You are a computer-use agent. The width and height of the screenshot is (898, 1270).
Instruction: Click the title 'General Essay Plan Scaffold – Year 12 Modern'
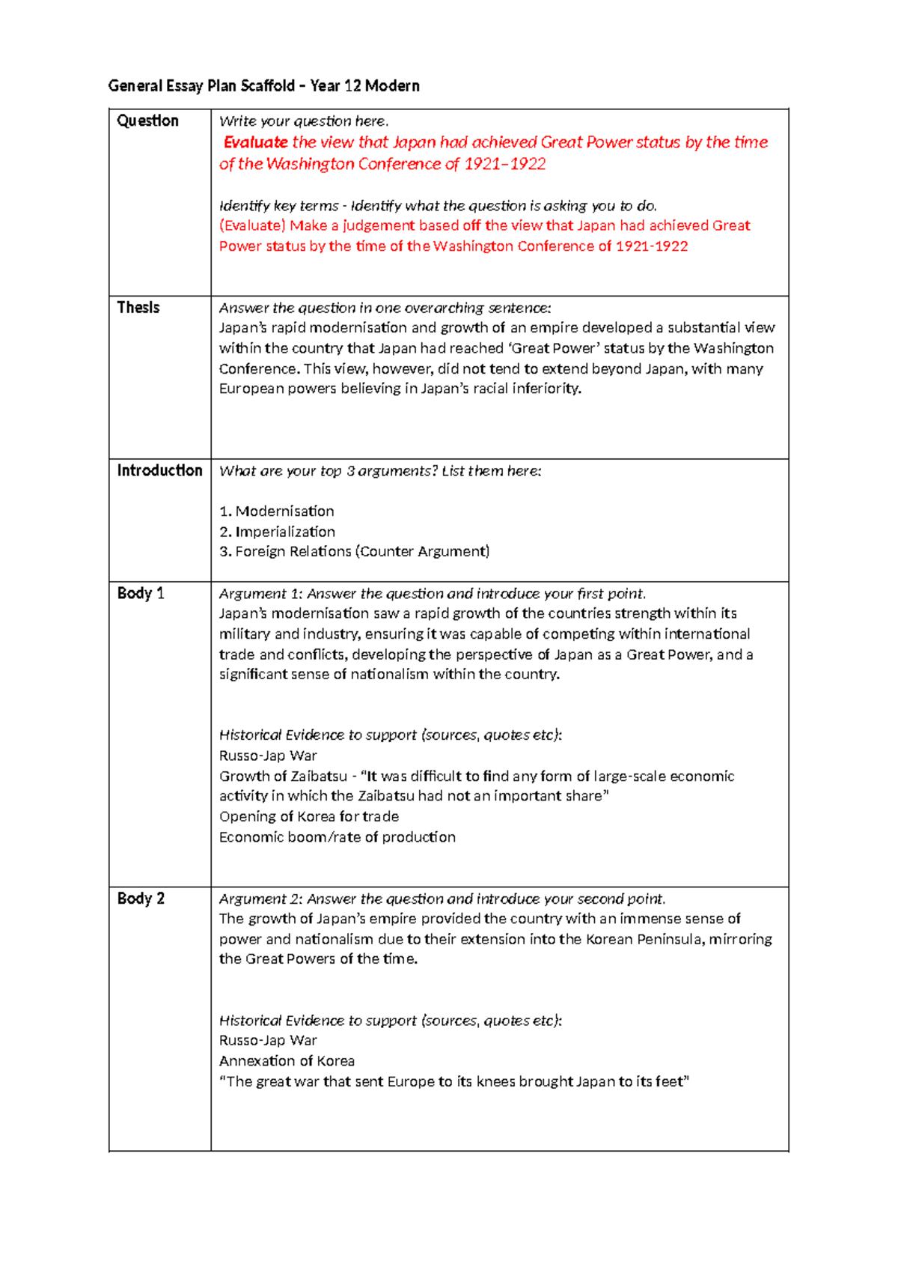263,86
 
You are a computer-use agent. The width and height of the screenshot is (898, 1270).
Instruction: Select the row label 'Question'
147,121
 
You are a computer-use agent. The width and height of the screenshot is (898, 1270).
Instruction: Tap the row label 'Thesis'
138,308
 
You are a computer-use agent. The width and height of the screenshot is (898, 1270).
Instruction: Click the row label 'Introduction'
159,471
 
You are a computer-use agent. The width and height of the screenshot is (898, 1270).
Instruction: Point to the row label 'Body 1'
141,594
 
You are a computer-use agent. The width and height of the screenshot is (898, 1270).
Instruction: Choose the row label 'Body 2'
141,899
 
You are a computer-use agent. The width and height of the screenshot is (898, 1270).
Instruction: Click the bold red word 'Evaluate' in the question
255,142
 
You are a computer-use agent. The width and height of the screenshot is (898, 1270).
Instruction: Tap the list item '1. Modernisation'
276,511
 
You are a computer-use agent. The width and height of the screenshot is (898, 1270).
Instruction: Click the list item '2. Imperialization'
277,532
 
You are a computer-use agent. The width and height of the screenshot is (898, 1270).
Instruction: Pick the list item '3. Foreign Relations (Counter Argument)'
354,552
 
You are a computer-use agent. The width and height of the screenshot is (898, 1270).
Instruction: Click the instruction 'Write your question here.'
304,121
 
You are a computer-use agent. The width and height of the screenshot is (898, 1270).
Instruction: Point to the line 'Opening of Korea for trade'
308,817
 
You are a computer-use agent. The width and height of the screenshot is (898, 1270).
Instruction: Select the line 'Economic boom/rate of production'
337,837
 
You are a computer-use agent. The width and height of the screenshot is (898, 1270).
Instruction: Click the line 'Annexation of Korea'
287,1061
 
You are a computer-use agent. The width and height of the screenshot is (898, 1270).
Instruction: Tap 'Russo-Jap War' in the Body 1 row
268,756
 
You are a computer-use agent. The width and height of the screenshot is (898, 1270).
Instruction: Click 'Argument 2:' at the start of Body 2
260,899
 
